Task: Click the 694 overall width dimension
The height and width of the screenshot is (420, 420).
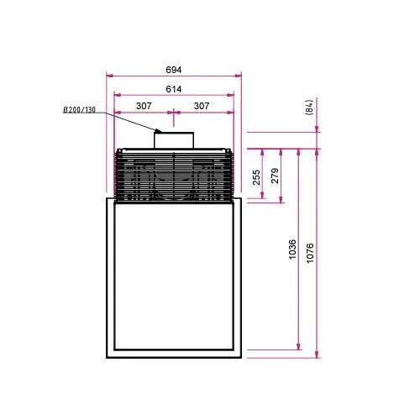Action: tap(174, 70)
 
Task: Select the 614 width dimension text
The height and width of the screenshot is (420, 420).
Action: tap(174, 89)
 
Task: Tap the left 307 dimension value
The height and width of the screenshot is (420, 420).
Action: tap(144, 106)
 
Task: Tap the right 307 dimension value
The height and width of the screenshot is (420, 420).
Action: tap(202, 106)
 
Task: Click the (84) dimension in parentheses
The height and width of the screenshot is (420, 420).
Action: tap(309, 107)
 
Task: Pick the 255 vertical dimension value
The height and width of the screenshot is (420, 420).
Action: tap(256, 176)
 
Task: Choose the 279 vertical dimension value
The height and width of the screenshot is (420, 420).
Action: tap(275, 176)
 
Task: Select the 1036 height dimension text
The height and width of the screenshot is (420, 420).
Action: tap(291, 249)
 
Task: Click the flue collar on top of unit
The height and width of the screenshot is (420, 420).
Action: tap(173, 140)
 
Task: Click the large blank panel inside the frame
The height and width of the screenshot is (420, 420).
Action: tap(174, 277)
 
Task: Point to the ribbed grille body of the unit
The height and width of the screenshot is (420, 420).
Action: tap(173, 176)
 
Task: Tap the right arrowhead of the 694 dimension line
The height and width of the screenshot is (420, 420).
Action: tap(239, 76)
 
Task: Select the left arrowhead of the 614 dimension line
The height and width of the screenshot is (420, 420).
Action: tap(116, 95)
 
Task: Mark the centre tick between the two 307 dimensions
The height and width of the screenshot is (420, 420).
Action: tap(173, 112)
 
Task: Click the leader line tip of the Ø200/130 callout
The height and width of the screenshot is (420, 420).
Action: tap(160, 132)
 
